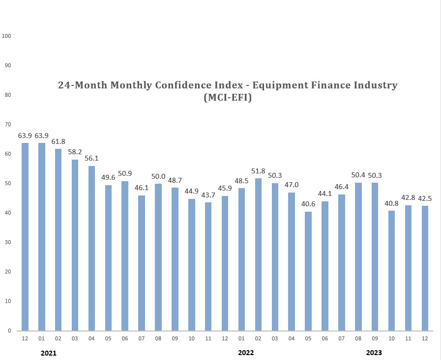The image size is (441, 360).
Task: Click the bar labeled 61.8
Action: [x=59, y=240]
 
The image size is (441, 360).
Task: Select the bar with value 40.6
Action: [x=308, y=271]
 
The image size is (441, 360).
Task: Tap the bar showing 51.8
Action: [x=258, y=254]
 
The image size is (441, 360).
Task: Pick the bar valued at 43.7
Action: [x=208, y=266]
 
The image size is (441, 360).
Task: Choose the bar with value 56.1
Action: [x=91, y=248]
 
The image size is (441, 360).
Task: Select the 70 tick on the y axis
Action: [x=7, y=125]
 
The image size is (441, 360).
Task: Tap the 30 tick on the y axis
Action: [x=7, y=242]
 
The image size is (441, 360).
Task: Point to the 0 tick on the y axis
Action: [x=9, y=331]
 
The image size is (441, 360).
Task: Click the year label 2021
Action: [x=49, y=353]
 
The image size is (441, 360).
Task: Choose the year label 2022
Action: [x=246, y=353]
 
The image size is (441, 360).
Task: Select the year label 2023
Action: [x=374, y=353]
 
